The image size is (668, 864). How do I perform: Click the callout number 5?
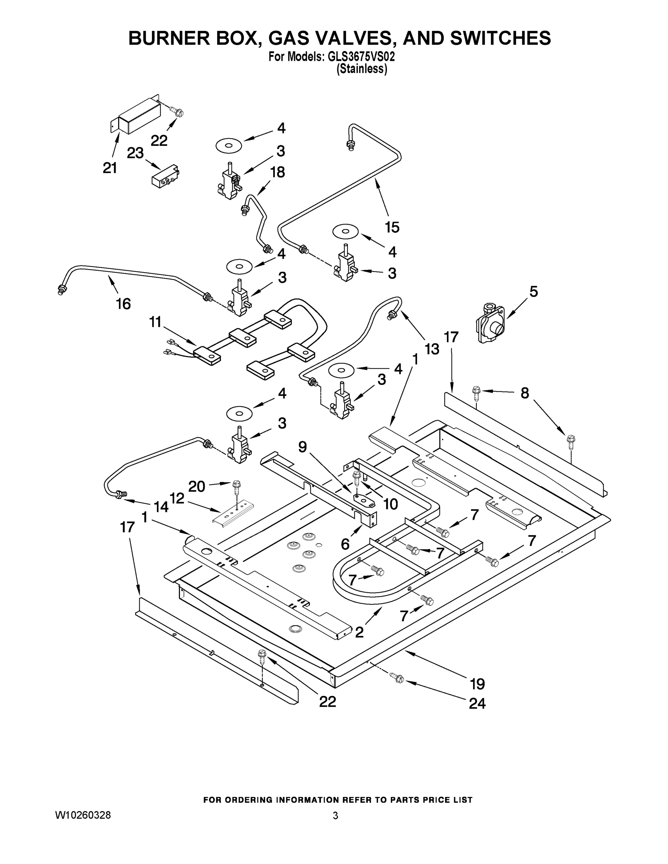[533, 292]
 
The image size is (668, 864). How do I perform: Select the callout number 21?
[110, 168]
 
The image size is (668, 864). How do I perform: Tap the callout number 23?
[135, 153]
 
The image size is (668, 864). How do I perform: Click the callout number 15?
[392, 227]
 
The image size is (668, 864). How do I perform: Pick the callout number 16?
[123, 304]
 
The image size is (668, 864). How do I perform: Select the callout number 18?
[277, 172]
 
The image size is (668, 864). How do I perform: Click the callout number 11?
[155, 322]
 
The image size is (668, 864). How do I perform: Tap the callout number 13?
[432, 349]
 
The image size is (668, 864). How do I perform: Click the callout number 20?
[197, 486]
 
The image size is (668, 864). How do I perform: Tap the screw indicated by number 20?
[237, 485]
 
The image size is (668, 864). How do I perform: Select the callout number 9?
[302, 447]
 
